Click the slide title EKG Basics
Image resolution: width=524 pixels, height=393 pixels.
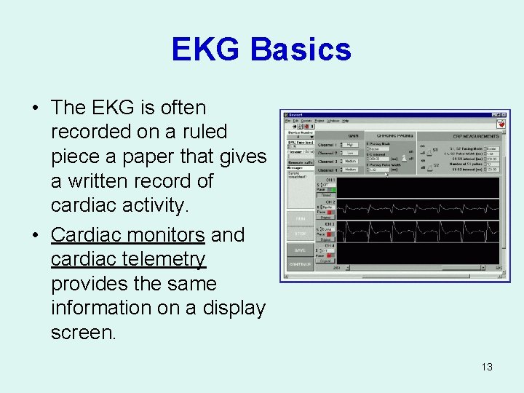coord(261,49)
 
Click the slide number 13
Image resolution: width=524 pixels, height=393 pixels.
coord(487,367)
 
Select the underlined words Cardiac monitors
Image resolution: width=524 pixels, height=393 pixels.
coord(127,235)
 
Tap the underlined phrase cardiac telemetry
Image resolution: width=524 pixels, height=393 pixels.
coord(128,259)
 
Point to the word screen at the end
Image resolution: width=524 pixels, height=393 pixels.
coord(82,333)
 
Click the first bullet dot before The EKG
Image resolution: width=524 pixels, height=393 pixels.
coord(35,108)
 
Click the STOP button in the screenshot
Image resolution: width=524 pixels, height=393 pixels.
coord(300,234)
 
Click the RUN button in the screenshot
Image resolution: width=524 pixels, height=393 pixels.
coord(300,218)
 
